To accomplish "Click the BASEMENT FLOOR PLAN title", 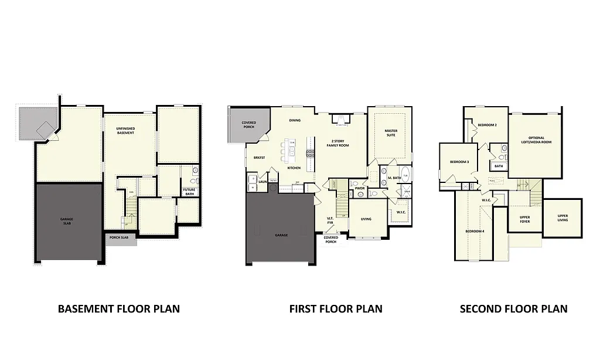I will point(119,309).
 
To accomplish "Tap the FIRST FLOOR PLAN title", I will point(336,309).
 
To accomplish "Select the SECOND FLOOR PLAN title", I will point(513,309).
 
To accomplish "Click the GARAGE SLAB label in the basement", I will point(67,221).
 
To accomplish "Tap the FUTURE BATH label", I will point(189,191).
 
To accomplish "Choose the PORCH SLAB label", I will point(120,238).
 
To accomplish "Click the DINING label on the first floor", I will point(295,120).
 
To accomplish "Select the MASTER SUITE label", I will point(391,133).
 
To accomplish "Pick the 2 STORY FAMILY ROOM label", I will point(340,144).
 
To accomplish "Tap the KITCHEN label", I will point(294,168).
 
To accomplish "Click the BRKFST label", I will point(260,158).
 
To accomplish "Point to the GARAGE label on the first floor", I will point(281,235).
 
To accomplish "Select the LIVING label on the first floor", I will point(366,219).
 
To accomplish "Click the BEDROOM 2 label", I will point(487,125).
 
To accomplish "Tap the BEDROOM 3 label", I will point(459,162).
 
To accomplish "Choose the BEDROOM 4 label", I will point(475,232).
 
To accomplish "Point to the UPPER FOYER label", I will point(525,219).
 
